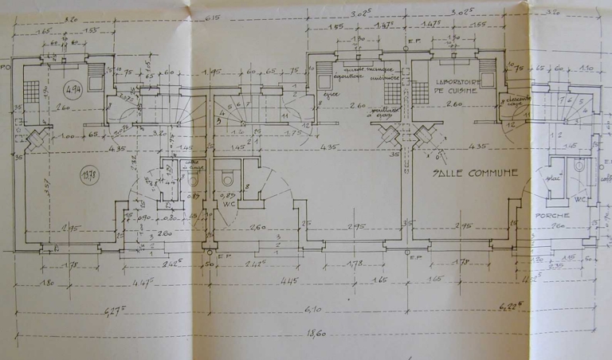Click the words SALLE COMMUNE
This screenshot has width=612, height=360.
pos(476,172)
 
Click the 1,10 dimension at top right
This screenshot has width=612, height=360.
pos(586,68)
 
